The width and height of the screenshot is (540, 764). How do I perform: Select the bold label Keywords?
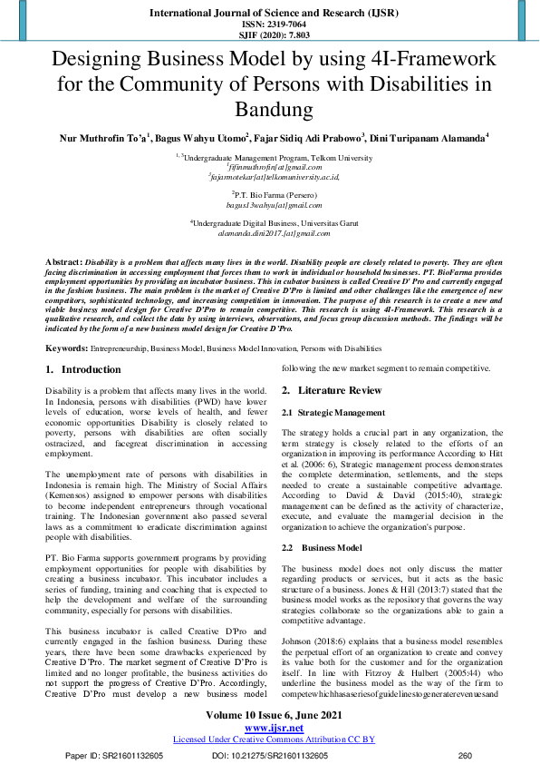click(67, 348)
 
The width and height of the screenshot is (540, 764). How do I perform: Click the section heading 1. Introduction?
click(83, 370)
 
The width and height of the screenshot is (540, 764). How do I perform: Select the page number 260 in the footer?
click(466, 755)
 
